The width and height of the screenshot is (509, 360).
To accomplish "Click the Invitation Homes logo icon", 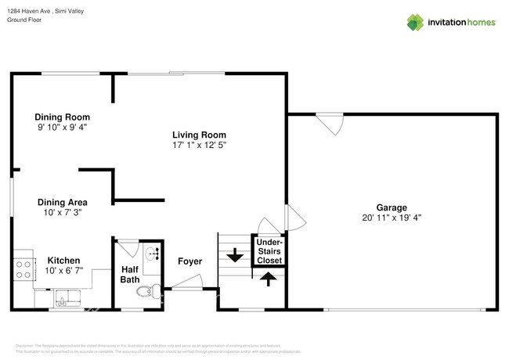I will point(414,22).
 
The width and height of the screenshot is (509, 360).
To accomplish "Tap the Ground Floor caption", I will point(24,20).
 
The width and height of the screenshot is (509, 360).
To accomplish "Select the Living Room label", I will point(200,135).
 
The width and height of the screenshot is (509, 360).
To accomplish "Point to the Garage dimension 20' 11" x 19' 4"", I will point(391,218).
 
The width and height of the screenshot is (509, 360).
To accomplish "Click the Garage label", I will point(391,207).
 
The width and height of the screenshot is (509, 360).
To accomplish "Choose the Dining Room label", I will point(62,117).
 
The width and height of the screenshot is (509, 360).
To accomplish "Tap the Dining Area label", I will point(61,201).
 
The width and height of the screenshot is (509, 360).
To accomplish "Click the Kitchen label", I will point(63,260).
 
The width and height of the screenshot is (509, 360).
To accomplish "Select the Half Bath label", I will point(129,274).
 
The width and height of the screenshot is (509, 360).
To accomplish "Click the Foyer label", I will point(190,261).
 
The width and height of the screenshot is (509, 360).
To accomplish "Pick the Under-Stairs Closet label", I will point(269,250).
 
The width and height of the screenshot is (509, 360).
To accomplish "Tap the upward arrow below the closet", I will point(269,278).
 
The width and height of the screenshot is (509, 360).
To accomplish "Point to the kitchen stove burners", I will point(23,270).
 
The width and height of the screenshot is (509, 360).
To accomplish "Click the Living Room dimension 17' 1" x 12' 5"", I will point(200,145).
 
